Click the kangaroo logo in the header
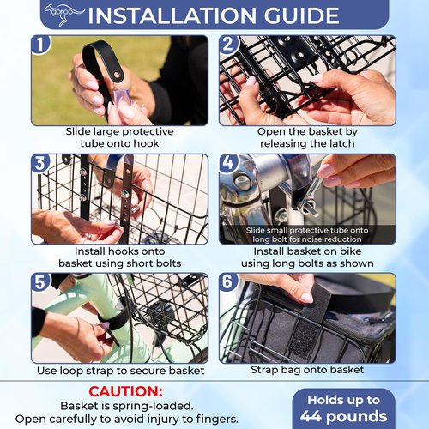[63, 15]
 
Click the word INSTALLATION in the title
[172, 15]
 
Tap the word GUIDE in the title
[301, 15]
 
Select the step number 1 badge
[40, 45]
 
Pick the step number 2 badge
[228, 45]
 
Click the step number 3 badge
[40, 164]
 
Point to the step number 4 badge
[228, 164]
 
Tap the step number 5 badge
[40, 282]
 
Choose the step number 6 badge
[228, 281]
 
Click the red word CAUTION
[125, 391]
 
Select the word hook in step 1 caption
[146, 143]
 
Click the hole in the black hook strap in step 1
[116, 75]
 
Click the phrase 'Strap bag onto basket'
[307, 370]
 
